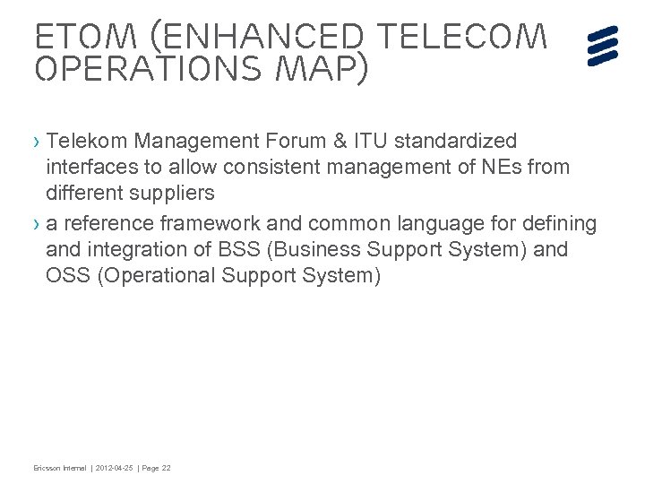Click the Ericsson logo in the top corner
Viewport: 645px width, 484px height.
pos(604,46)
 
